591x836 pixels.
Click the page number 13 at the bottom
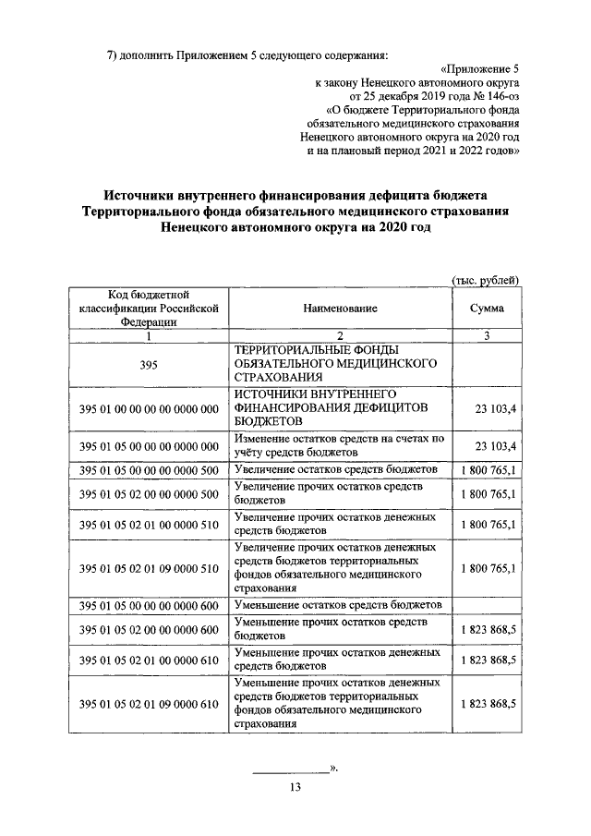(295, 787)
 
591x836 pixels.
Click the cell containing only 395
(149, 365)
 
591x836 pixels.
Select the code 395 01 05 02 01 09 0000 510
(149, 567)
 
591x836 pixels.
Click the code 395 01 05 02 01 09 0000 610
(149, 704)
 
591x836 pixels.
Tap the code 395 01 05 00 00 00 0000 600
(149, 605)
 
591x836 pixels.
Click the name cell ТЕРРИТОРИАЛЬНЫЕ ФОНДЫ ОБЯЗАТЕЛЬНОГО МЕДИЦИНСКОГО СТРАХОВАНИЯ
(339, 364)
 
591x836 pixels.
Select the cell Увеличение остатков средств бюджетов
(339, 471)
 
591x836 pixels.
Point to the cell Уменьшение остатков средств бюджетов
(339, 605)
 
